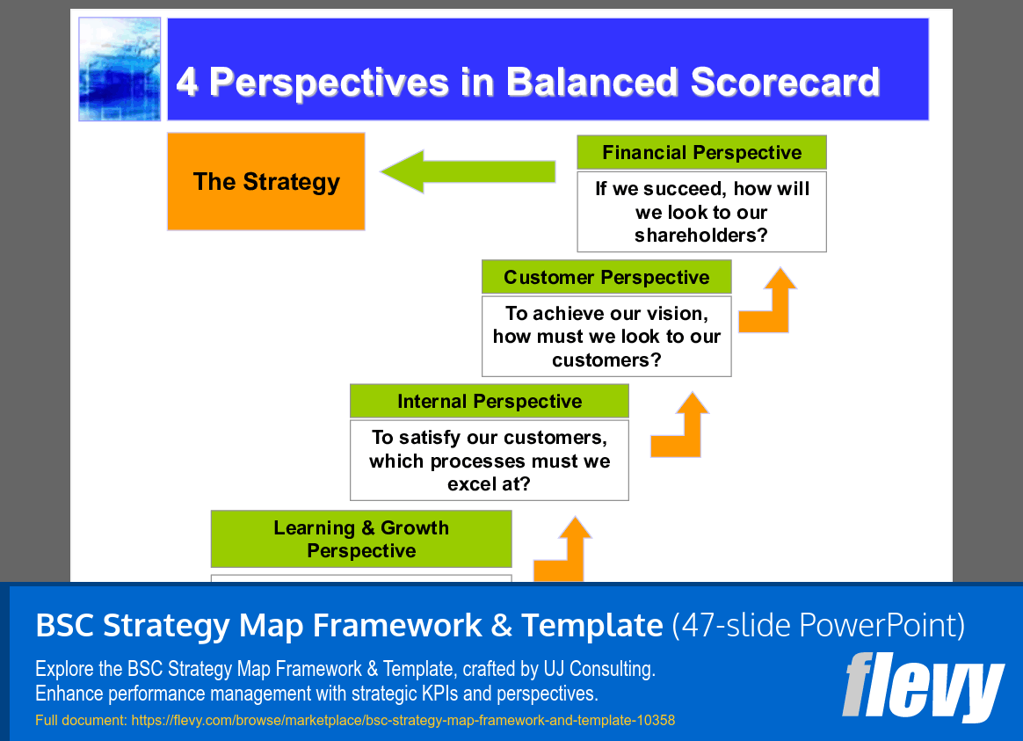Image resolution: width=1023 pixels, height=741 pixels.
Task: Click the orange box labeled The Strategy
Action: tap(265, 182)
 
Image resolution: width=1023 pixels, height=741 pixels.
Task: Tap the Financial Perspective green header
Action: tap(701, 153)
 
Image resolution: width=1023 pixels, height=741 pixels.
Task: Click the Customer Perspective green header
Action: tap(606, 278)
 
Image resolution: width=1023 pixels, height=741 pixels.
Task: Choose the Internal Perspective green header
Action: tap(490, 402)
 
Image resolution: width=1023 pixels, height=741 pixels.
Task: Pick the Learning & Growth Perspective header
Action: tap(361, 540)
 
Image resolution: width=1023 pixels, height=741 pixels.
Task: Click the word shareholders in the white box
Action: tap(700, 236)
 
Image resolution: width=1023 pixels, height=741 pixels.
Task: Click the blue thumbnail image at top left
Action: tap(120, 69)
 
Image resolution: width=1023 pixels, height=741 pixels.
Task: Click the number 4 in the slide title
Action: tap(186, 82)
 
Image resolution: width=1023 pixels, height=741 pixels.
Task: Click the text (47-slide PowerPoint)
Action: tap(818, 626)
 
